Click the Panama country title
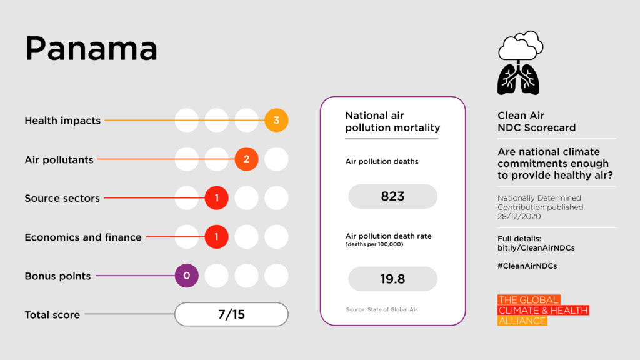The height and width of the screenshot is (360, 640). [x=91, y=49]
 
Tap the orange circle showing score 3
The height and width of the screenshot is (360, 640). [x=276, y=121]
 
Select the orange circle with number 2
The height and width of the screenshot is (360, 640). [x=246, y=159]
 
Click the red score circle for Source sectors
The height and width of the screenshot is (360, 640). [x=216, y=198]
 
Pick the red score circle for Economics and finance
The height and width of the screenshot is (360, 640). [x=216, y=237]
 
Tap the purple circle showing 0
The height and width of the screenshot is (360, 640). [x=186, y=276]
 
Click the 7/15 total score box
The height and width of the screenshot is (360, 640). [x=231, y=314]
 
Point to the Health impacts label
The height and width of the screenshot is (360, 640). [x=62, y=121]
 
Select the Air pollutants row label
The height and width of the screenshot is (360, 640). [x=59, y=159]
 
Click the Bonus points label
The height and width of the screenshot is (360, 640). [x=57, y=276]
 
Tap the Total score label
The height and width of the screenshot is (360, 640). [x=52, y=315]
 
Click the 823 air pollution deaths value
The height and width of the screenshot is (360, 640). [x=392, y=196]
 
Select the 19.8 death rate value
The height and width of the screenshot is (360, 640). [x=392, y=279]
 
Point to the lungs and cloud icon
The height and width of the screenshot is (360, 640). [x=518, y=62]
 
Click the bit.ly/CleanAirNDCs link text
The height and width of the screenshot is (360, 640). [x=536, y=247]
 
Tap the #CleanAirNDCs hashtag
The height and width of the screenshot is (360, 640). [x=527, y=266]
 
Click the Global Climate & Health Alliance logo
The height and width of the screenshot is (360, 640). [x=542, y=311]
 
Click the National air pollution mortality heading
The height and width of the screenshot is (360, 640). [x=392, y=122]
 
